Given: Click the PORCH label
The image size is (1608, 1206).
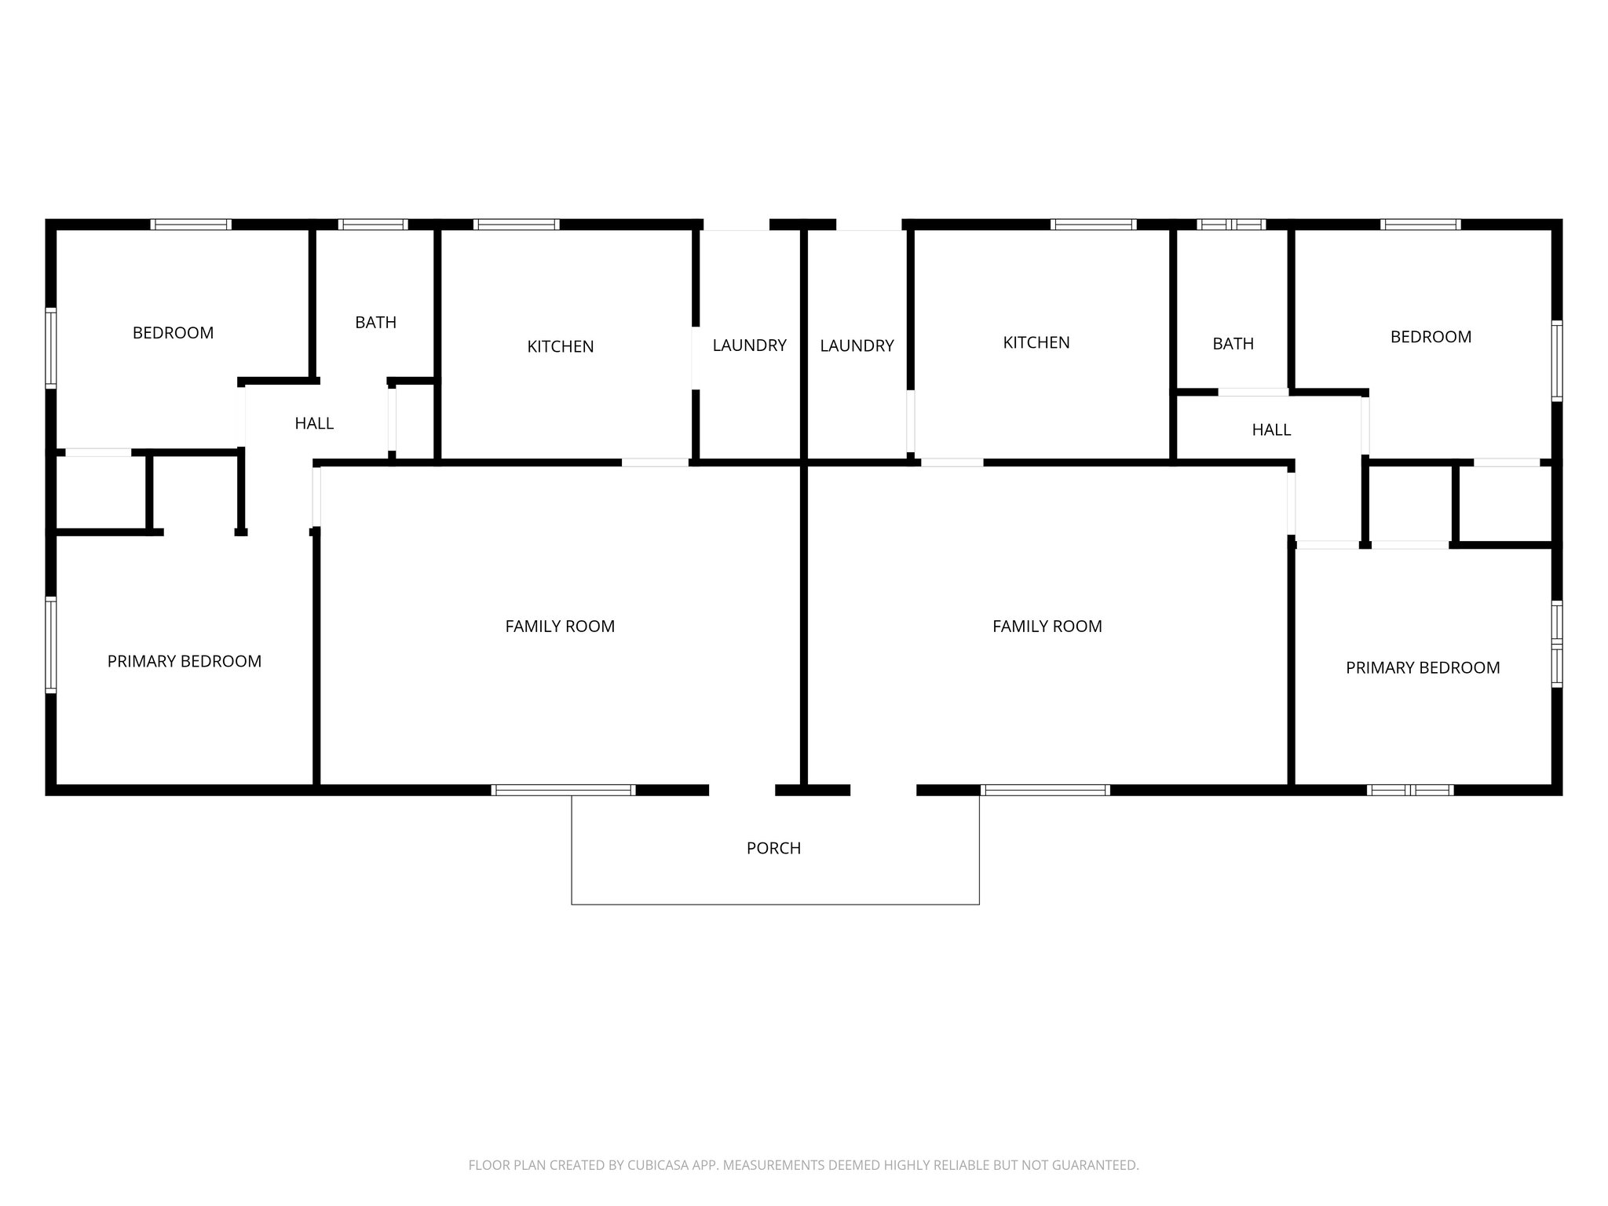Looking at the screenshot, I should point(773,848).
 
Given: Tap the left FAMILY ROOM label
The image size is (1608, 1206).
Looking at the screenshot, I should point(560,627).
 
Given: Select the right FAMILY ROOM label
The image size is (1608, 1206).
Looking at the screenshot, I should point(1047,627).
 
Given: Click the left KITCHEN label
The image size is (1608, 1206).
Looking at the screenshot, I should point(560,346).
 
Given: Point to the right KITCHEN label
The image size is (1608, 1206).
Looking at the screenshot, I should point(1036,342).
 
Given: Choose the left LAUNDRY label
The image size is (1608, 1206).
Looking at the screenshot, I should point(749,345).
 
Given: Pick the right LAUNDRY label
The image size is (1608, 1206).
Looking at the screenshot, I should point(857,345).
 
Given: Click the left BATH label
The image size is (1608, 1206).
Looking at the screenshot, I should point(375,322).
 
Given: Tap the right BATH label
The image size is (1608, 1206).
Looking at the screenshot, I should point(1233,343).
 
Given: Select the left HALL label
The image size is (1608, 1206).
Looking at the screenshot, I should point(314,423).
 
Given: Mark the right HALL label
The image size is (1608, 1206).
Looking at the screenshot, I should point(1271,429).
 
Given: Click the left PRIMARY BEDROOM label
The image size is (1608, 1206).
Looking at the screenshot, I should point(185,661).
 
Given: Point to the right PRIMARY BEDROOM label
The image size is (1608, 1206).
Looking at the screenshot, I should point(1423,667).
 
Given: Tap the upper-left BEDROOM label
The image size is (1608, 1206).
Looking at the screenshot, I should point(173,333).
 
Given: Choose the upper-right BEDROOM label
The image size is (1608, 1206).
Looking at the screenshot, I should point(1431,337).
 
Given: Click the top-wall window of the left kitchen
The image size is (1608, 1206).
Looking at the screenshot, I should point(516,225).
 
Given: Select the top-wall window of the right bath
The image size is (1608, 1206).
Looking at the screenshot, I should point(1231,225).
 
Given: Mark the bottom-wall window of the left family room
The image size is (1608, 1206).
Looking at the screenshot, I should point(563,790).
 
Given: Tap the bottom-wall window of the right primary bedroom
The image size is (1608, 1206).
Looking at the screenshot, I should point(1410,790).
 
